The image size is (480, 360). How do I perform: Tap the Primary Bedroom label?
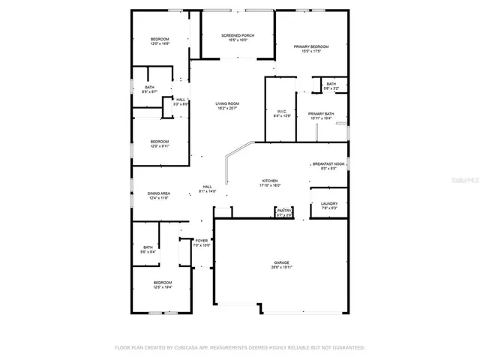[x=315, y=46]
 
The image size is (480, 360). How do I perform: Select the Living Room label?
[x=226, y=104]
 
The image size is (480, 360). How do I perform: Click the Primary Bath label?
[x=321, y=114]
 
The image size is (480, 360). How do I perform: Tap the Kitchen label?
[x=270, y=181]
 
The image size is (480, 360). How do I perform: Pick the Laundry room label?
[x=329, y=204]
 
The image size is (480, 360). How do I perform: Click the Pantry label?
[x=283, y=211]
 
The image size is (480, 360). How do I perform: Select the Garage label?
[x=281, y=262]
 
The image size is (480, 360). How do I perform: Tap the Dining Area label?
[x=158, y=193]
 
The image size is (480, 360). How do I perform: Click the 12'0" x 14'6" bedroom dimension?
[x=160, y=44]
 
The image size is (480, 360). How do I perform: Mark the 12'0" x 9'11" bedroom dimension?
[x=160, y=146]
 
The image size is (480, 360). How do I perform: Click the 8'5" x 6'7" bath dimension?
[x=149, y=91]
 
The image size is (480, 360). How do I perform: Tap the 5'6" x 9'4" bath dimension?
[x=148, y=252]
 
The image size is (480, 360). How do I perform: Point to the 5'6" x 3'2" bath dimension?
[x=331, y=88]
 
